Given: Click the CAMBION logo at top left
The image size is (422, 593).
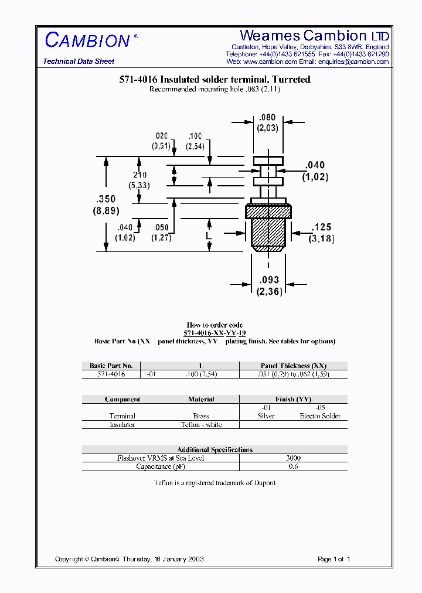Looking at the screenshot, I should [x=88, y=40].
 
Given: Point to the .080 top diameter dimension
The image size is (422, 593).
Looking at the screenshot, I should [x=267, y=118].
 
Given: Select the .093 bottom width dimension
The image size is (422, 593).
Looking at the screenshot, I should [x=268, y=280].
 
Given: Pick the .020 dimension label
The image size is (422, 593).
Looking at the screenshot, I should [x=161, y=136].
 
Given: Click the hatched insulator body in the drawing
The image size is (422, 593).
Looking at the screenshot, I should [x=268, y=225].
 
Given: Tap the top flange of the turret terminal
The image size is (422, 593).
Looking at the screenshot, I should [x=268, y=160].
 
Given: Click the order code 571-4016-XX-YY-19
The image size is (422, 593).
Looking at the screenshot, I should [x=215, y=332].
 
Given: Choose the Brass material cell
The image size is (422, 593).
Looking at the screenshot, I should [x=201, y=416].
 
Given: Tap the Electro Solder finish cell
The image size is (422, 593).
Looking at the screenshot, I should [x=320, y=416].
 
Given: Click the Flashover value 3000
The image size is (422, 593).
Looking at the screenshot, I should [x=293, y=458].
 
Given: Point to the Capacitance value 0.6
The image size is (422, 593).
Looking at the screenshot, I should [x=293, y=466].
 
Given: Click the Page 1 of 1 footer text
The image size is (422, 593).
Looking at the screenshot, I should [x=333, y=559].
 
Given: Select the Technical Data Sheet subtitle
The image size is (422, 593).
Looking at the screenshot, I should [x=79, y=62].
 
